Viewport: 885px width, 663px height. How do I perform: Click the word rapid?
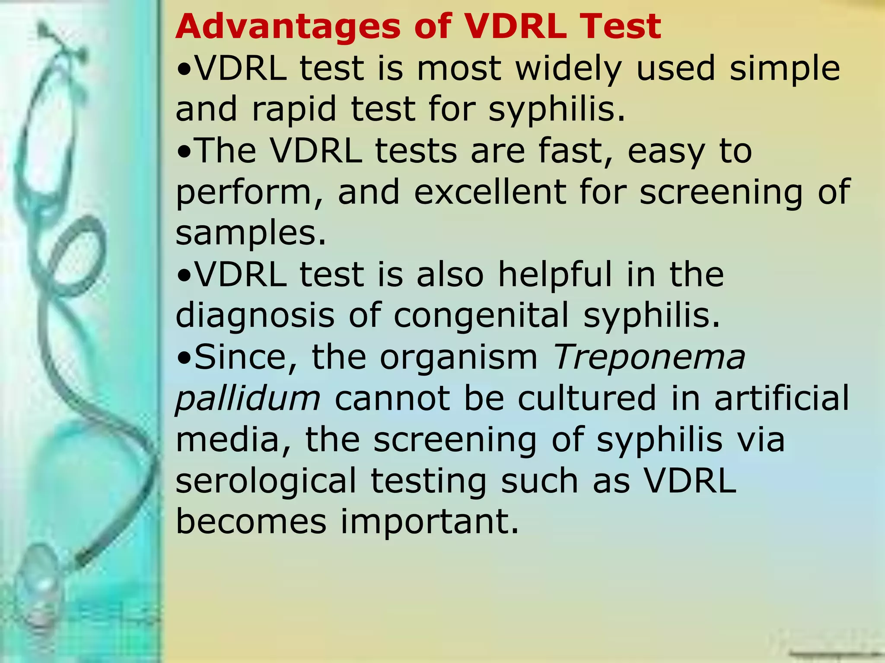(x=294, y=110)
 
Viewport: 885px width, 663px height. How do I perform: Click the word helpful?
(x=555, y=275)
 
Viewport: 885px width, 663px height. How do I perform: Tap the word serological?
(x=266, y=481)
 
